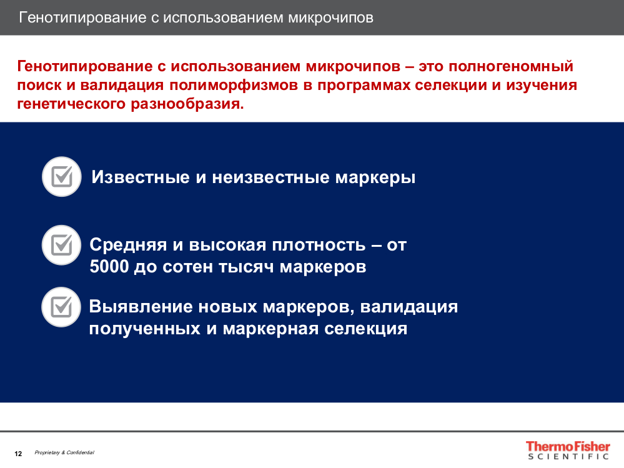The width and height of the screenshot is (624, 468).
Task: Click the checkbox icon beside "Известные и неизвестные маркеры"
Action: (62, 177)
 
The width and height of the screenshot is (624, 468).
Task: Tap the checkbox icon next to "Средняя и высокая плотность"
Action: (62, 245)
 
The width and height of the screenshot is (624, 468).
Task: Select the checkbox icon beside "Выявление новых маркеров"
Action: (61, 307)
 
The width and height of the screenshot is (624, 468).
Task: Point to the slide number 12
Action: (18, 454)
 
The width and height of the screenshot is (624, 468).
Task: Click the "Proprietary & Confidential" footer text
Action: (64, 452)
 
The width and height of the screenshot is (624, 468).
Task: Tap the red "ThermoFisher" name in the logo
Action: (568, 446)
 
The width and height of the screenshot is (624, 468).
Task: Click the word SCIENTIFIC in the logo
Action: (568, 457)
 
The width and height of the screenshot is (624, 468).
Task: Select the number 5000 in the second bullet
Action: (109, 267)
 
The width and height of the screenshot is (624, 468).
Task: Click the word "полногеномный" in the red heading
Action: (511, 66)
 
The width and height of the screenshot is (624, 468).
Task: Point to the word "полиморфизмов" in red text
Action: (234, 85)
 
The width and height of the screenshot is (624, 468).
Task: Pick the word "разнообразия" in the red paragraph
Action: (187, 104)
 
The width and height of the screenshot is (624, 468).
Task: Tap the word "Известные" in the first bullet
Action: (141, 177)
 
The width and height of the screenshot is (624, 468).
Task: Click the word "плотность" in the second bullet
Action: (319, 245)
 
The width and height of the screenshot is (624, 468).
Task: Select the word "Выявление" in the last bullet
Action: (141, 307)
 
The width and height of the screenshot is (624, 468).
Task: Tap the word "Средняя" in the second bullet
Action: (128, 245)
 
